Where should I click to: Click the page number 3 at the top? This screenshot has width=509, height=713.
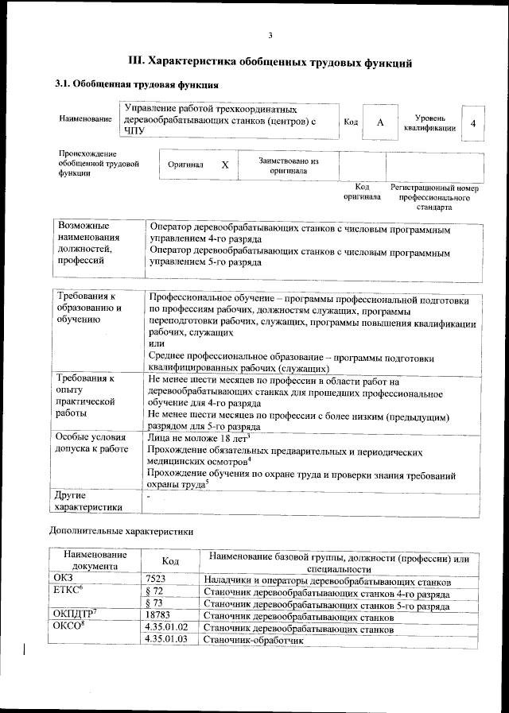(270, 35)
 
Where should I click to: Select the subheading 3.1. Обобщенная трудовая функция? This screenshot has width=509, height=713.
(136, 84)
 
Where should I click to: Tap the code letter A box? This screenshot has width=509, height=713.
(380, 122)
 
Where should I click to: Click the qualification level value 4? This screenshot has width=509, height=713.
(473, 123)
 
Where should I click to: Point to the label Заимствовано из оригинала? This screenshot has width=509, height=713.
(288, 165)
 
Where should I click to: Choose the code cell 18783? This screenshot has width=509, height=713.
(159, 616)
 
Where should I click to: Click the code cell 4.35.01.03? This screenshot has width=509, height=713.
(167, 639)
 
